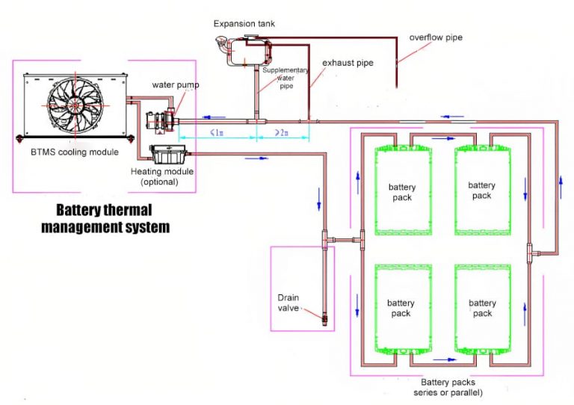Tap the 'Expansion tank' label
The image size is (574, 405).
click(244, 24)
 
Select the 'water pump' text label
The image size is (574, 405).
click(176, 84)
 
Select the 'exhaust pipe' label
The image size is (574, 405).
click(348, 63)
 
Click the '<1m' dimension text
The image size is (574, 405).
click(215, 133)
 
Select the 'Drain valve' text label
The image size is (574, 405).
click(288, 303)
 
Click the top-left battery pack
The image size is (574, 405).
click(402, 191)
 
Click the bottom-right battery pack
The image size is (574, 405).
click(482, 308)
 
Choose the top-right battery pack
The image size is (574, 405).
click(482, 191)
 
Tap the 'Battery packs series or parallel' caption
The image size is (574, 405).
click(448, 387)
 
